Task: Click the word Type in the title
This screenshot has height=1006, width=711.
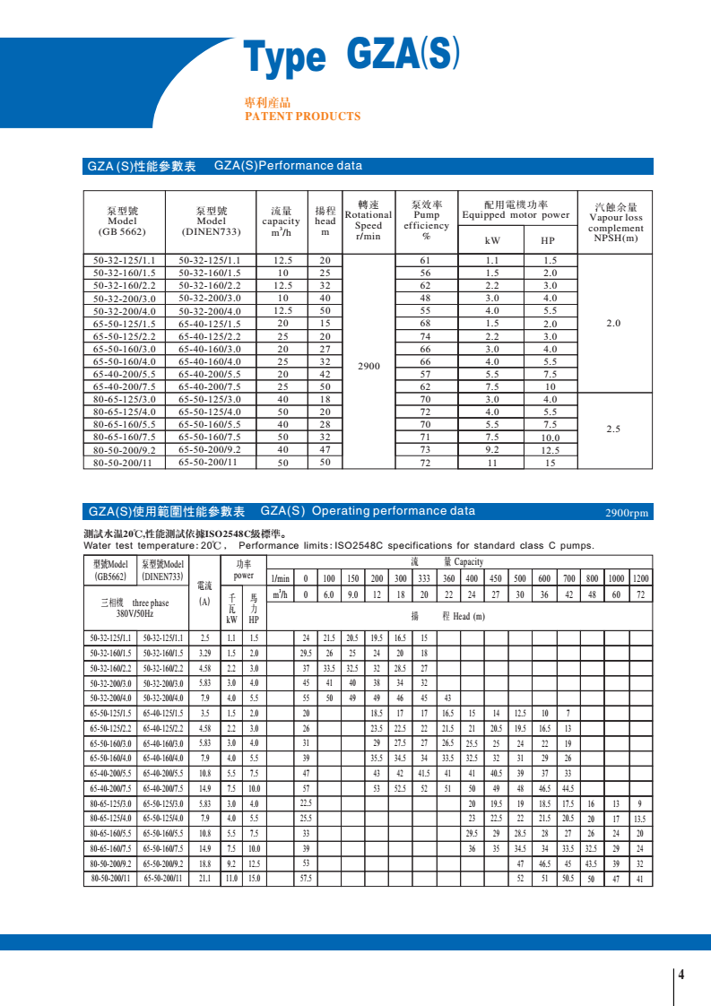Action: pyautogui.click(x=285, y=58)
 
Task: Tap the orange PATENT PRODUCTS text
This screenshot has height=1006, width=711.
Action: pyautogui.click(x=302, y=117)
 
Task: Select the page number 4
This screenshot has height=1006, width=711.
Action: pyautogui.click(x=681, y=976)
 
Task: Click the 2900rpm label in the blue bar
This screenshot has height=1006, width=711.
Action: pyautogui.click(x=628, y=513)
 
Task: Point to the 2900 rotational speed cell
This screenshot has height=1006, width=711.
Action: pyautogui.click(x=369, y=366)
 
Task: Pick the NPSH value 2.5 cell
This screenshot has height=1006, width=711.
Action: pyautogui.click(x=613, y=429)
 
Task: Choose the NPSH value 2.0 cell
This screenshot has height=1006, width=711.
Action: pyautogui.click(x=613, y=323)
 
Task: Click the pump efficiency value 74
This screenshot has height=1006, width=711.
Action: pyautogui.click(x=426, y=336)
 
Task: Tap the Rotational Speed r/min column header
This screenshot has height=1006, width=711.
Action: pyautogui.click(x=369, y=220)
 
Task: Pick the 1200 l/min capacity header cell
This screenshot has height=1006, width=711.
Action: pyautogui.click(x=640, y=578)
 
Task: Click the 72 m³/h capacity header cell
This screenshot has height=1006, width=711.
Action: pyautogui.click(x=640, y=594)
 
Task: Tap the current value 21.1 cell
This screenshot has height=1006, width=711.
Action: pyautogui.click(x=204, y=879)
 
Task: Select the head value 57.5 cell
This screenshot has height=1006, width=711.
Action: pyautogui.click(x=306, y=879)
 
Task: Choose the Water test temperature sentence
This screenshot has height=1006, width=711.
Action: pyautogui.click(x=339, y=545)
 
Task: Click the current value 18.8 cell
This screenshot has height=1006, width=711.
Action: pyautogui.click(x=204, y=863)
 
